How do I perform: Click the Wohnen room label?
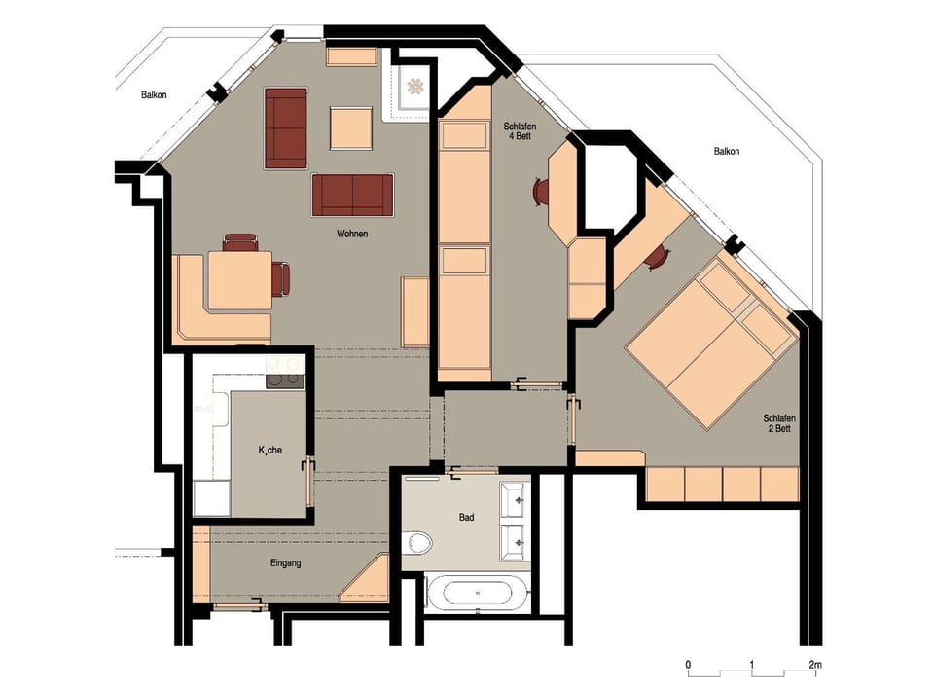coord(351,234)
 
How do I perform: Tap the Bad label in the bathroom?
coord(467,517)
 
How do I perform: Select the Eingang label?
coord(287,563)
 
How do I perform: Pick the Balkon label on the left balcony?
coord(153,94)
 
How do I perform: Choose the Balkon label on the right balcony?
coord(726,151)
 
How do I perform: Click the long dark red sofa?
coord(352,195)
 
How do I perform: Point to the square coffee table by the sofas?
coord(350,127)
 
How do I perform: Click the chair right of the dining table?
coord(281,279)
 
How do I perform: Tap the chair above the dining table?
coord(239,241)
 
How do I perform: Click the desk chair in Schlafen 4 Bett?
coord(540,192)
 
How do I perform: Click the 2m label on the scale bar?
coord(814,665)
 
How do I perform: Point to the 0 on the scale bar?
coord(689,665)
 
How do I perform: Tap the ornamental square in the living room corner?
coord(415,87)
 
